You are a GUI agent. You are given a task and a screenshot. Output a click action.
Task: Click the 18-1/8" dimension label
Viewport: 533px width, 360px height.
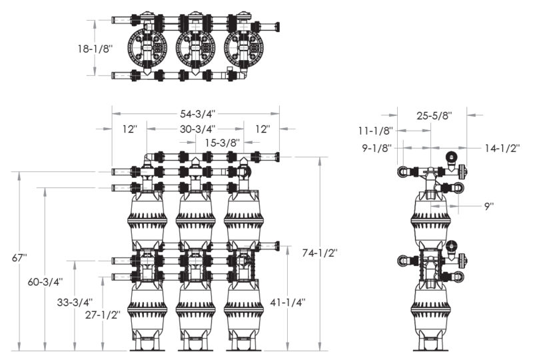coord(95,49)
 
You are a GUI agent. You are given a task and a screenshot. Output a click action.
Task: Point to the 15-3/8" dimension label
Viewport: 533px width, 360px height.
coord(223,142)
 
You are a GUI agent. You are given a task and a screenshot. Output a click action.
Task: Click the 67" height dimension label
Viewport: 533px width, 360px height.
coord(19,257)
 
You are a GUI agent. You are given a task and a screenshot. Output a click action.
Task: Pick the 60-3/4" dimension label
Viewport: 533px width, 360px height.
coord(45,282)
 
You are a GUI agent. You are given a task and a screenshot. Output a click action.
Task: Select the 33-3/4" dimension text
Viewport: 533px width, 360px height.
coord(75,302)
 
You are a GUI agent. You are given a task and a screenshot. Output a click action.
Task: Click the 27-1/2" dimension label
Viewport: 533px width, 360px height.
coord(103,315)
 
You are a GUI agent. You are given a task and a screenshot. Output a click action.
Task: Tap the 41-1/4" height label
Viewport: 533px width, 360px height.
coord(288,302)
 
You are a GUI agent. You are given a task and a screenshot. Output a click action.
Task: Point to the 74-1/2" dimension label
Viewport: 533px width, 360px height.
coord(320,253)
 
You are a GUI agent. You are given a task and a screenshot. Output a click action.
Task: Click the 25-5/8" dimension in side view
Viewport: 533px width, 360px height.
coord(434,116)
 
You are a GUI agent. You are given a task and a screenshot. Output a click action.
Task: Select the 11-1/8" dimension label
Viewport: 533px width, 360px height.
coord(376,130)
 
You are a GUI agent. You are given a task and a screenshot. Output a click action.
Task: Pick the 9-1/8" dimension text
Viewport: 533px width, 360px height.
coord(377,148)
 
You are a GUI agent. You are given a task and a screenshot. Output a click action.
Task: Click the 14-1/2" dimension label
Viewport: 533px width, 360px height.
coord(502,148)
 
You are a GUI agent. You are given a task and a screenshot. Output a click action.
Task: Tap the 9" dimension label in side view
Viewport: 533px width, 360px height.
coord(489,206)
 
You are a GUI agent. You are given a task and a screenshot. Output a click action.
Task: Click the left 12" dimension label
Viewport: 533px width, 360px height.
coord(129,129)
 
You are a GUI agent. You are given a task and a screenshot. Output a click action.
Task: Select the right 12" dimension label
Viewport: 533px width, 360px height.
coord(263,129)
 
